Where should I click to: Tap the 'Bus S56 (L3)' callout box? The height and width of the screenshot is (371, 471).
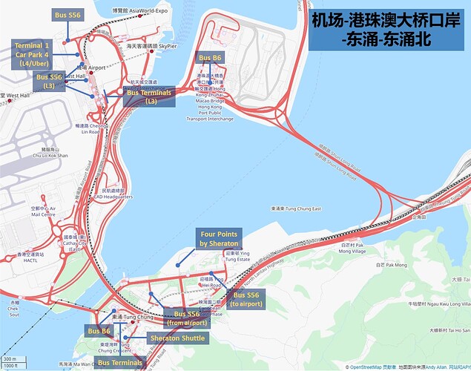(49, 82)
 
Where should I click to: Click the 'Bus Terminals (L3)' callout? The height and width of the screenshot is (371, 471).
(151, 96)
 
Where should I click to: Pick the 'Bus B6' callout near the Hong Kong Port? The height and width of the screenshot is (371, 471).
(209, 56)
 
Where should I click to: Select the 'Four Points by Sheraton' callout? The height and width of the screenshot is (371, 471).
(219, 238)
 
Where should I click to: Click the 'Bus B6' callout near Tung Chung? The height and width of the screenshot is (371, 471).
(99, 331)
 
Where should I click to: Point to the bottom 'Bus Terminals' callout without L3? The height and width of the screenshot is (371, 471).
(119, 363)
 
